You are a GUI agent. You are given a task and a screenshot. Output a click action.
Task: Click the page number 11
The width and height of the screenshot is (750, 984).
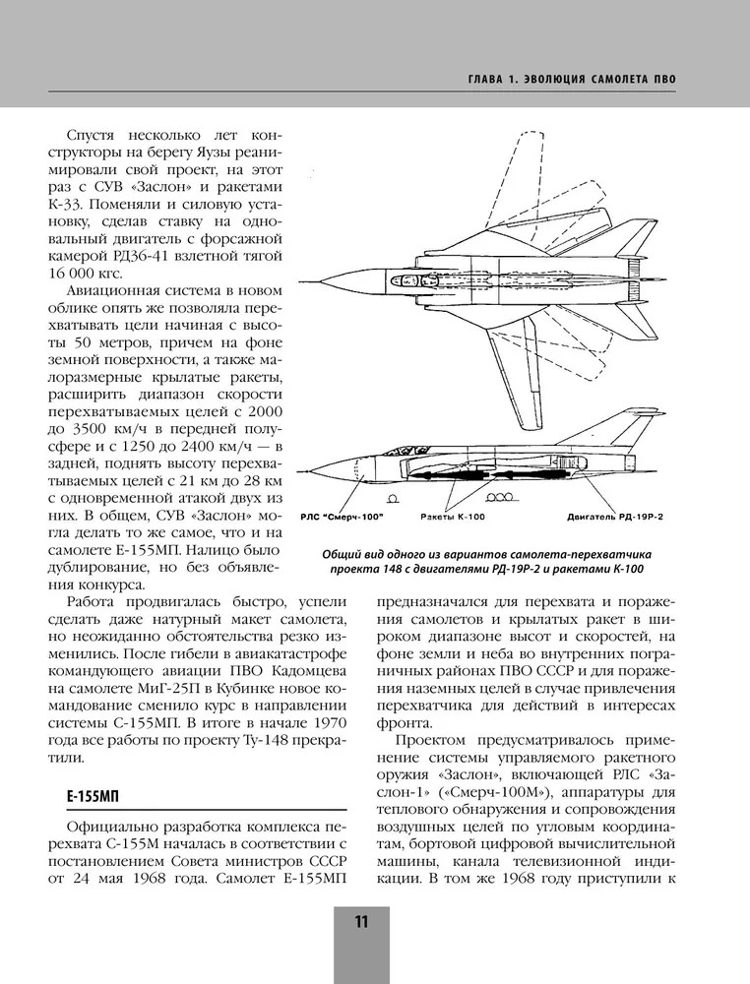coord(361,922)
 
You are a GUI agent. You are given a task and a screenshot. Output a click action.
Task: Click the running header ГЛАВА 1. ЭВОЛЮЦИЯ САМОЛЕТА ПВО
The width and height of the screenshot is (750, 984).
coord(575,79)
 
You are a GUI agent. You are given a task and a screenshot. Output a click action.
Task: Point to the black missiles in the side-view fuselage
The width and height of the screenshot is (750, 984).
coord(463,476)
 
